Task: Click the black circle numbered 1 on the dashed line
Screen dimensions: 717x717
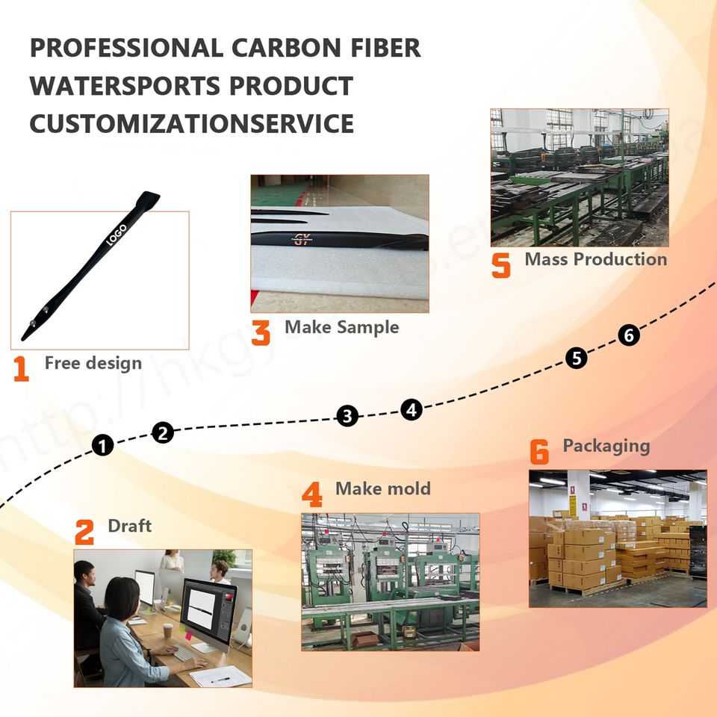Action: (103, 446)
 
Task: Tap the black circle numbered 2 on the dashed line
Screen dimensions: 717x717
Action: (164, 432)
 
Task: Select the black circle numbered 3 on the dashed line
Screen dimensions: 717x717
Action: (347, 416)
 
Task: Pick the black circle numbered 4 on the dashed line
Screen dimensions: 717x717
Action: (411, 409)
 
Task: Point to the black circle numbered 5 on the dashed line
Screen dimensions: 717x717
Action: (576, 358)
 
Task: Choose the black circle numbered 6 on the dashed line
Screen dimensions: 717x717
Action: (629, 336)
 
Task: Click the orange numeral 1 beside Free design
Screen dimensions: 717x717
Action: (21, 369)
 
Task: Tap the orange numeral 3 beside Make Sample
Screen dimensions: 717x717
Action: (261, 332)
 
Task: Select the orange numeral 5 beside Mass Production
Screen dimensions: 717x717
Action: (501, 266)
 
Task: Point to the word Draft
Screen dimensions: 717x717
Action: (129, 525)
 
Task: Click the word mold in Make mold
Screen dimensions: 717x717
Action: (408, 488)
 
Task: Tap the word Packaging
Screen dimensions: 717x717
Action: (606, 446)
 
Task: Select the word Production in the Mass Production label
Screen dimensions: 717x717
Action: (622, 259)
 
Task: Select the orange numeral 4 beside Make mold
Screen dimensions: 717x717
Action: (311, 495)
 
